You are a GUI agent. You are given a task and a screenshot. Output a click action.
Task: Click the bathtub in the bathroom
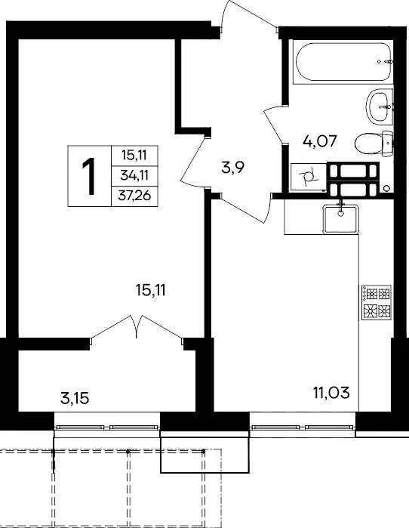pyautogui.click(x=343, y=62)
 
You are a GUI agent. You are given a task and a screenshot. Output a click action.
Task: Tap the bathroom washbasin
pyautogui.click(x=379, y=106)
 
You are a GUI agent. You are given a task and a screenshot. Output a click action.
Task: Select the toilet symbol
pyautogui.click(x=374, y=144)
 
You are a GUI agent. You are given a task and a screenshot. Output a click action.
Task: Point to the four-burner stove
pyautogui.click(x=376, y=302)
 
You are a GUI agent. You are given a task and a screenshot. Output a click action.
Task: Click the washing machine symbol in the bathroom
pyautogui.click(x=309, y=177)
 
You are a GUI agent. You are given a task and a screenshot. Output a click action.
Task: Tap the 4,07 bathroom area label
pyautogui.click(x=319, y=141)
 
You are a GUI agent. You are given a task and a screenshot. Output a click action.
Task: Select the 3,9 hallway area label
pyautogui.click(x=232, y=168)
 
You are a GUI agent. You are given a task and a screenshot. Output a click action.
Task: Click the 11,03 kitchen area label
pyautogui.click(x=331, y=393)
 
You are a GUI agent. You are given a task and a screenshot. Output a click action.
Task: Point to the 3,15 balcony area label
pyautogui.click(x=75, y=398)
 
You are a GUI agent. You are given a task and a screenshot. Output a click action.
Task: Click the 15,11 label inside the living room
pyautogui.click(x=151, y=290)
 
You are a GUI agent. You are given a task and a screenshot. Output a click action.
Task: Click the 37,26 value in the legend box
pyautogui.click(x=134, y=196)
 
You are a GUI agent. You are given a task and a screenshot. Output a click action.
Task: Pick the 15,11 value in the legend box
pyautogui.click(x=135, y=156)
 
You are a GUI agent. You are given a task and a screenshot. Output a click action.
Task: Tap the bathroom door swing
pyautogui.click(x=273, y=124)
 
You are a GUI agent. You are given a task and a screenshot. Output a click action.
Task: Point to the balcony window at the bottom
pyautogui.click(x=107, y=428)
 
